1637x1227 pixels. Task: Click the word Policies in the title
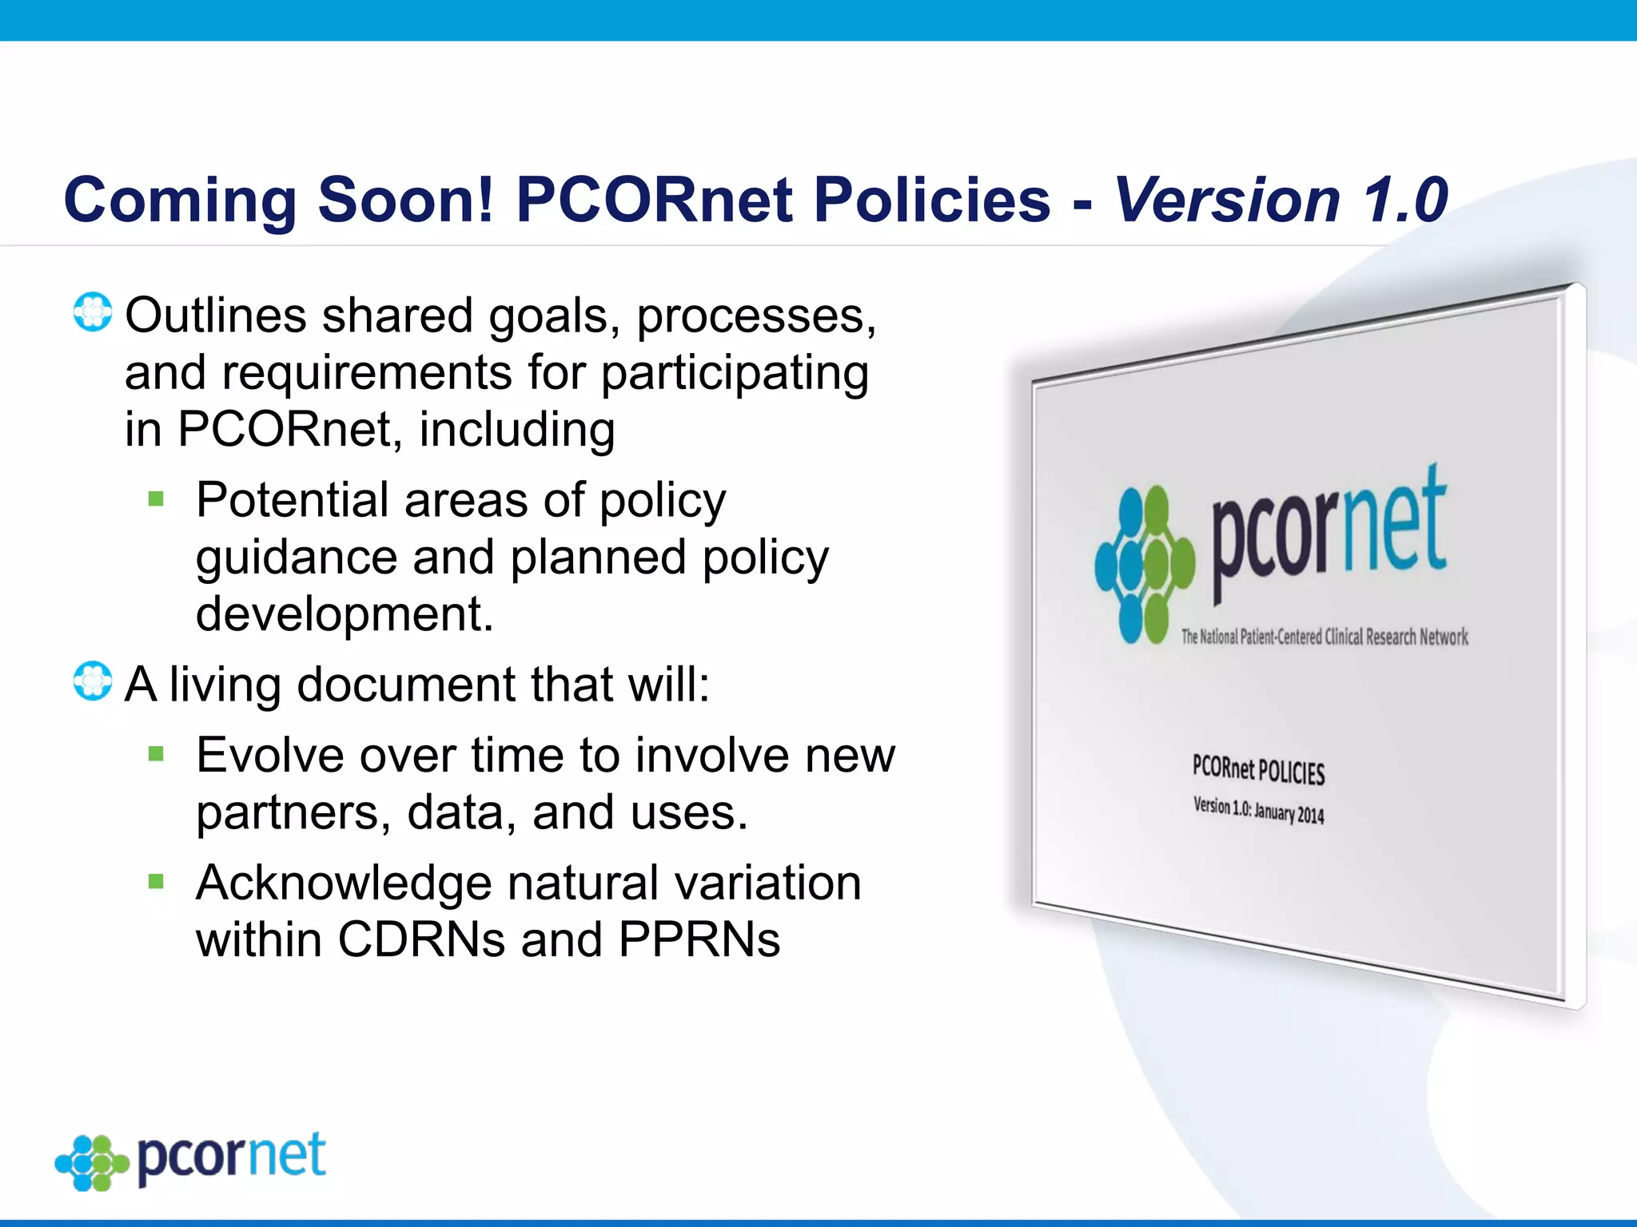pos(931,200)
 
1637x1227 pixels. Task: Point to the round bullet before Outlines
pos(93,312)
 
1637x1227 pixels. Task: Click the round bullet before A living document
pos(93,681)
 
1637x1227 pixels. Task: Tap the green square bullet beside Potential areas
pos(156,500)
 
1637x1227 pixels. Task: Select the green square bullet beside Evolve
pos(156,754)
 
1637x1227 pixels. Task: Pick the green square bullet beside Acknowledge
pos(156,882)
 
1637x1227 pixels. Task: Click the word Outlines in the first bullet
pos(216,316)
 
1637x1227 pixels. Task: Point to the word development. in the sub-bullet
pos(345,614)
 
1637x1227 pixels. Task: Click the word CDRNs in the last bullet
pos(421,939)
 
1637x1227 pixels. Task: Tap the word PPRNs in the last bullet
pos(699,939)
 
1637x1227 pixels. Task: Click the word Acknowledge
pos(344,884)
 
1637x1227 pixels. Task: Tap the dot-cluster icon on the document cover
pos(1145,565)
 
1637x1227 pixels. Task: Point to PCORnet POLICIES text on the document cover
pos(1258,770)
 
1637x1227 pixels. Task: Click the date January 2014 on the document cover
pos(1288,813)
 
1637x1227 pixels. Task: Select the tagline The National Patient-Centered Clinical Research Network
pos(1324,637)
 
